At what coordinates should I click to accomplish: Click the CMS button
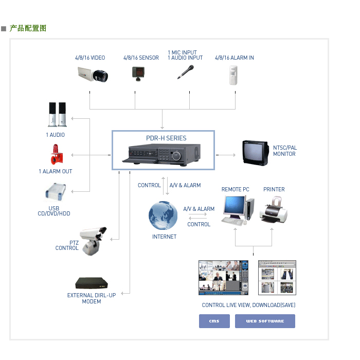point(214,321)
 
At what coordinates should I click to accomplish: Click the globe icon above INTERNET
point(163,216)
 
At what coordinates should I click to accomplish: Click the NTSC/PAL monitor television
point(255,153)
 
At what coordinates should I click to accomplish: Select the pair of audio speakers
point(57,114)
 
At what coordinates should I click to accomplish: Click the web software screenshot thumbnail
point(277,277)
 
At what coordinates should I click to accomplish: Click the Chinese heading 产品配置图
point(28,28)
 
